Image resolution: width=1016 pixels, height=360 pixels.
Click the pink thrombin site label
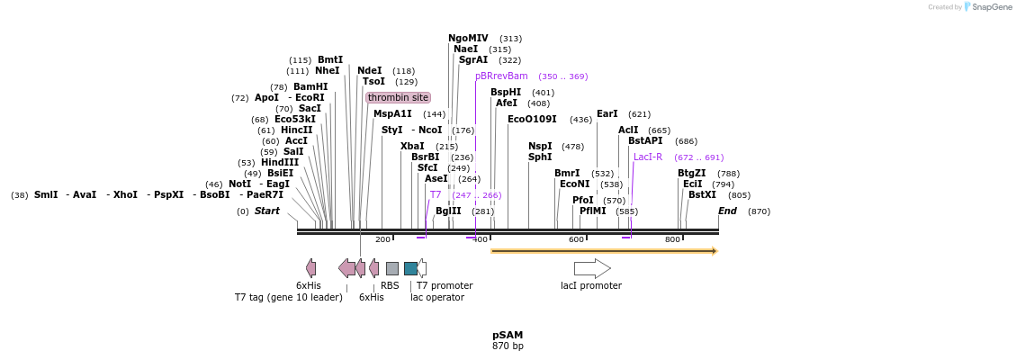[x=398, y=97]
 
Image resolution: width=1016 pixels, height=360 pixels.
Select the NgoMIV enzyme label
[x=468, y=39]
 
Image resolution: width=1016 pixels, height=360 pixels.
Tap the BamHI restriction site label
[x=310, y=87]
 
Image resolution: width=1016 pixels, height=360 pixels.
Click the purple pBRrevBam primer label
[x=501, y=76]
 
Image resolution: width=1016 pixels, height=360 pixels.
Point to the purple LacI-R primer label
[x=648, y=157]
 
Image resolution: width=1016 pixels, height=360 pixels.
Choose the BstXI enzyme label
[x=702, y=194]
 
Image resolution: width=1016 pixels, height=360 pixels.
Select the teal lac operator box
[x=410, y=268]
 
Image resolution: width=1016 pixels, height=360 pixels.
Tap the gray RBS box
[x=391, y=268]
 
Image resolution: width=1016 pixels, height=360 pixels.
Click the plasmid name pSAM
[x=508, y=335]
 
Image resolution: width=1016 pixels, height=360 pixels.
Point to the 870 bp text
[x=508, y=346]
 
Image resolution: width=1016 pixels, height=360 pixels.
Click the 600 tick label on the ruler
[x=576, y=239]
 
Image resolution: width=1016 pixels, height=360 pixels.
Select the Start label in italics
[x=266, y=211]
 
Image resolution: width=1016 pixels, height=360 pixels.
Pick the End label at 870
[x=727, y=211]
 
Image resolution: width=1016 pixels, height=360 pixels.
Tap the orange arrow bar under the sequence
[x=603, y=251]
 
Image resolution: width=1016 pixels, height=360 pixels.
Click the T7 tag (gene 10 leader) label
[x=288, y=297]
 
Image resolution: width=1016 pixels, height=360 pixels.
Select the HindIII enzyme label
[x=280, y=163]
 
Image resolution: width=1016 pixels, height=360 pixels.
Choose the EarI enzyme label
[x=607, y=114]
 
